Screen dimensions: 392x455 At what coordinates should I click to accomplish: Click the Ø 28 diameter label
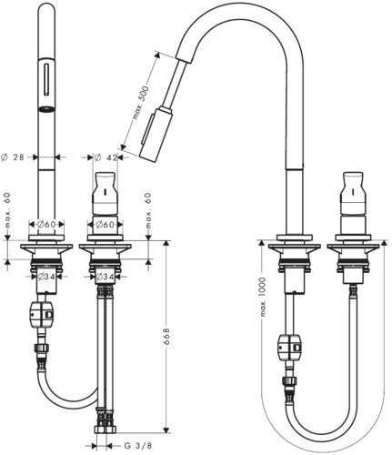[x=13, y=157]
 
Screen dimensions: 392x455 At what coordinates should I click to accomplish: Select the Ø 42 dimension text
[x=106, y=157]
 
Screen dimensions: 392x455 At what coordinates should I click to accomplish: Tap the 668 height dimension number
[x=166, y=337]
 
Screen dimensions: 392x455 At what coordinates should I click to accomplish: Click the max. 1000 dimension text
[x=263, y=297]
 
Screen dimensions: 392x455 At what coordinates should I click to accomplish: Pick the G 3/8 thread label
[x=138, y=446]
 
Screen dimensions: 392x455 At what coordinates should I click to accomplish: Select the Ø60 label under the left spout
[x=46, y=225]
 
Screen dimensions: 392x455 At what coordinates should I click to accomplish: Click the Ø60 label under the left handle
[x=106, y=225]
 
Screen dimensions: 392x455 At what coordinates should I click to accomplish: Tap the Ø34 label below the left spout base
[x=46, y=277]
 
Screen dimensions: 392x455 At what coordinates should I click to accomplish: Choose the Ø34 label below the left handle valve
[x=105, y=277]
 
